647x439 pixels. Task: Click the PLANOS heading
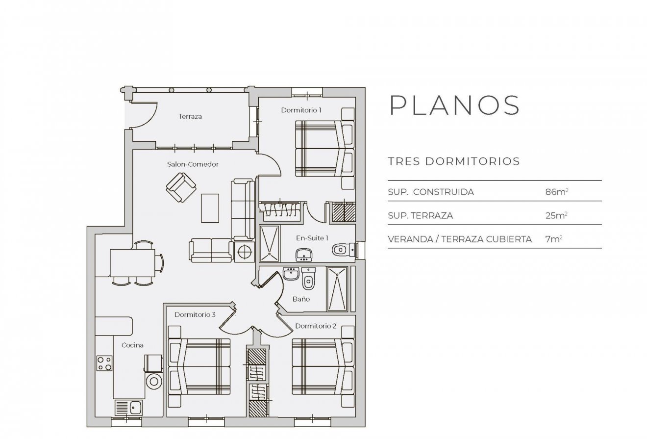[x=454, y=105]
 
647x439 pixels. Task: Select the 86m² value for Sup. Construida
[x=556, y=192]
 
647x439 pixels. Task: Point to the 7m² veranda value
[x=553, y=239]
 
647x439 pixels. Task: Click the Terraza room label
[x=190, y=117]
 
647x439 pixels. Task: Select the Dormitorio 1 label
[x=301, y=110]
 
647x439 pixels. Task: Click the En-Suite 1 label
[x=312, y=238]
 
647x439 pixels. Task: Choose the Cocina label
[x=132, y=345]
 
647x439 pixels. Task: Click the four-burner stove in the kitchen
[x=104, y=363]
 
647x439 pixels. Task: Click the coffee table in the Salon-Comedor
[x=210, y=207]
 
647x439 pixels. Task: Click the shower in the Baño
[x=337, y=289]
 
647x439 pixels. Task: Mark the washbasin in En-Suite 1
[x=304, y=254]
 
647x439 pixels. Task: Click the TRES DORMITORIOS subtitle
[x=453, y=161]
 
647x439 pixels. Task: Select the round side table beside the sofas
[x=244, y=252]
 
